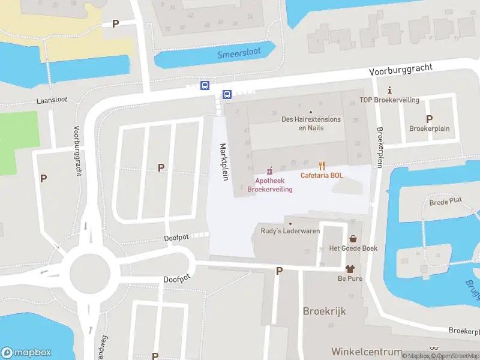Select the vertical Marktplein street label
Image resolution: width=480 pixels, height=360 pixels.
tap(223, 163)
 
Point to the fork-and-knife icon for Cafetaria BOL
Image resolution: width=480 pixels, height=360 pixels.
tap(322, 166)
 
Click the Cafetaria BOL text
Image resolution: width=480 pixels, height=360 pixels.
tap(322, 176)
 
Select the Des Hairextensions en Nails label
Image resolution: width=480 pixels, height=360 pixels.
tap(311, 123)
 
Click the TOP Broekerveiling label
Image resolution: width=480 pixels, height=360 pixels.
tap(389, 100)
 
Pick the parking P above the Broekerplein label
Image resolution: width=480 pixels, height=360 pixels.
tap(429, 119)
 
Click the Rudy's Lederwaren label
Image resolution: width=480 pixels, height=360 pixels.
tap(290, 231)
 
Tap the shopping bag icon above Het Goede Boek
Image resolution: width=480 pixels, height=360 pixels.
tap(353, 238)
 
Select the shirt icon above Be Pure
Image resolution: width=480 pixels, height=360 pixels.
tap(350, 269)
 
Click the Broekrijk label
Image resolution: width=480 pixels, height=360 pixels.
tap(325, 312)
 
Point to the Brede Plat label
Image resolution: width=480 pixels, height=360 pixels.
tap(446, 203)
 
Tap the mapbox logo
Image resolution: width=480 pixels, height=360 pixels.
tap(26, 353)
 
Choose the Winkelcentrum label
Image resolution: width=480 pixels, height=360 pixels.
tap(367, 351)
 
